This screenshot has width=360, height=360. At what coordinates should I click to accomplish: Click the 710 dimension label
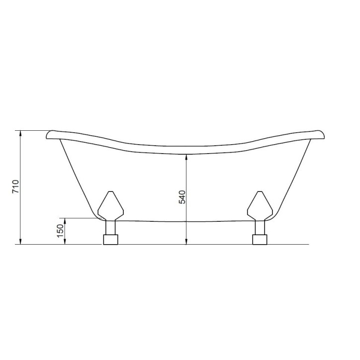15,186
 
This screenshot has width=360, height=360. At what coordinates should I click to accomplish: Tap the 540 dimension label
182,197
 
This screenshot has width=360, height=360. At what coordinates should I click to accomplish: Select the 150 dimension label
60,231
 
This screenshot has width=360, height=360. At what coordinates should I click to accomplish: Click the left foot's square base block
110,240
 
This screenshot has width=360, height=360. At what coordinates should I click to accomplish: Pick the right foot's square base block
260,240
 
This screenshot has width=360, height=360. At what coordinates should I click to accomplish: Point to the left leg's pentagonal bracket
111,206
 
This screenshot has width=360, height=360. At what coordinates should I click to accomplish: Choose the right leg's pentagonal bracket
260,206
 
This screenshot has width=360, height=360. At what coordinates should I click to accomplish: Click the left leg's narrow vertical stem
110,228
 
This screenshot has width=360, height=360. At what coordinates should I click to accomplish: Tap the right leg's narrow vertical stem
260,228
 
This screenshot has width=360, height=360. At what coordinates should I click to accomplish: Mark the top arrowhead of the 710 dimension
20,134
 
